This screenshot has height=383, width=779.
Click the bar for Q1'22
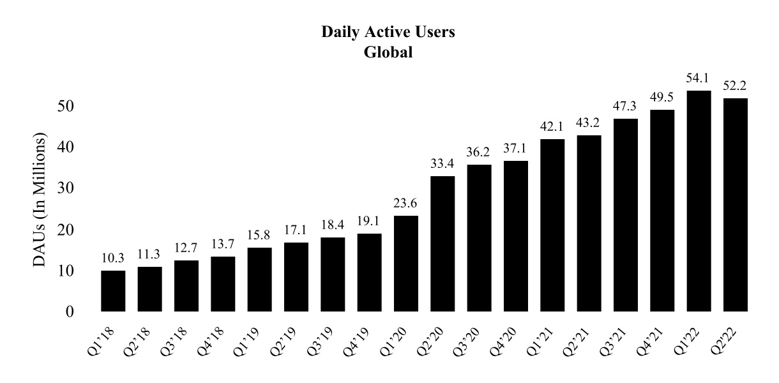[x=699, y=201]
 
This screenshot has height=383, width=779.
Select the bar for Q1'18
[x=113, y=291]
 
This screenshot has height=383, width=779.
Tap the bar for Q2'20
[x=442, y=244]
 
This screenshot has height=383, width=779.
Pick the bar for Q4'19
[x=370, y=273]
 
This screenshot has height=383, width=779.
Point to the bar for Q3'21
[x=626, y=215]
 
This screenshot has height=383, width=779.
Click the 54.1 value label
[x=699, y=80]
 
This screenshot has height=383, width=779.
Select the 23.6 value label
[x=406, y=205]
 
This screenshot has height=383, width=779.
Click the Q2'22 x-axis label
[x=729, y=341]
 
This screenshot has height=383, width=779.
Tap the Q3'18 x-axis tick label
[x=179, y=341]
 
